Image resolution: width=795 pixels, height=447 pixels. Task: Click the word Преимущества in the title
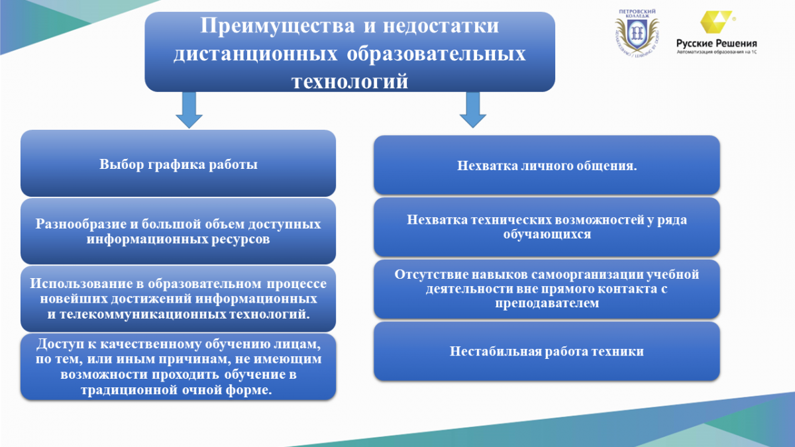click(278, 26)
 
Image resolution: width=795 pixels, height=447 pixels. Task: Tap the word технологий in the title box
click(350, 81)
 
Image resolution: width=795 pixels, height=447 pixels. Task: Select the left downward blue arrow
click(189, 110)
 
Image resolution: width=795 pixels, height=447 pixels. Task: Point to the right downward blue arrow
click(473, 110)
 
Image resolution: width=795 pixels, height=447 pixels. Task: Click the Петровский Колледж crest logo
click(637, 34)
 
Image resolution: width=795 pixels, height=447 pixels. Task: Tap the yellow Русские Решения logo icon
click(716, 22)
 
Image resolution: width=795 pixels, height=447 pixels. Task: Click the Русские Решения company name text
click(717, 44)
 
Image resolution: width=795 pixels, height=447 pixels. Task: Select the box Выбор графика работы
click(178, 163)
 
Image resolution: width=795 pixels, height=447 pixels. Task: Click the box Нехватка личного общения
click(547, 165)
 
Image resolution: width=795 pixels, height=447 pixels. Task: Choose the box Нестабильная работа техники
click(547, 351)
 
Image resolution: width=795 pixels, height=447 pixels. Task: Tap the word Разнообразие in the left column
click(81, 224)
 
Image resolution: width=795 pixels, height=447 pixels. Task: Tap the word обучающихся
click(547, 234)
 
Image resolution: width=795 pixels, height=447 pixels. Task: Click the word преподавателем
click(547, 303)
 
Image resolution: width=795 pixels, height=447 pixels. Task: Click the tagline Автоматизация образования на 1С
click(717, 52)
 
